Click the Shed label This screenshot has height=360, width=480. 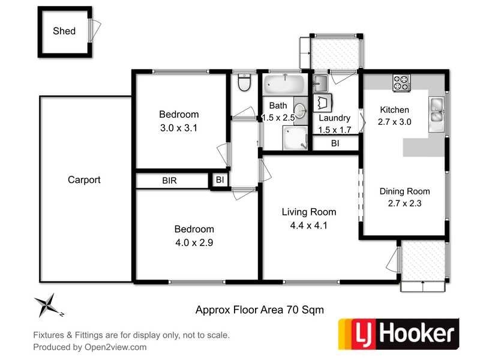point(64,31)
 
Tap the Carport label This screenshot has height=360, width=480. point(84,179)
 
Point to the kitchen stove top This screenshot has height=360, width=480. point(401,83)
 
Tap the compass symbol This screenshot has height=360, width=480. point(47,305)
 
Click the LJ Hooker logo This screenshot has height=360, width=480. point(398,333)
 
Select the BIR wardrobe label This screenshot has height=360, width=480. point(169,181)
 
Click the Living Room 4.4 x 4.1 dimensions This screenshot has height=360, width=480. point(310,226)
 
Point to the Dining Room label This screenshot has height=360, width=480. point(405,191)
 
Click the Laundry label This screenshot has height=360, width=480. point(334,118)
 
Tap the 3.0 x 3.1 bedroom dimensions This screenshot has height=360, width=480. point(179,127)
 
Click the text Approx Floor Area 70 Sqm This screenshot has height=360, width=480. point(260,310)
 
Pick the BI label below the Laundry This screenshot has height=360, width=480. point(335,143)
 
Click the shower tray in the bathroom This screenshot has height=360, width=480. point(294,139)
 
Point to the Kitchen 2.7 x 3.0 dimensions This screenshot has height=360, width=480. point(394,122)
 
